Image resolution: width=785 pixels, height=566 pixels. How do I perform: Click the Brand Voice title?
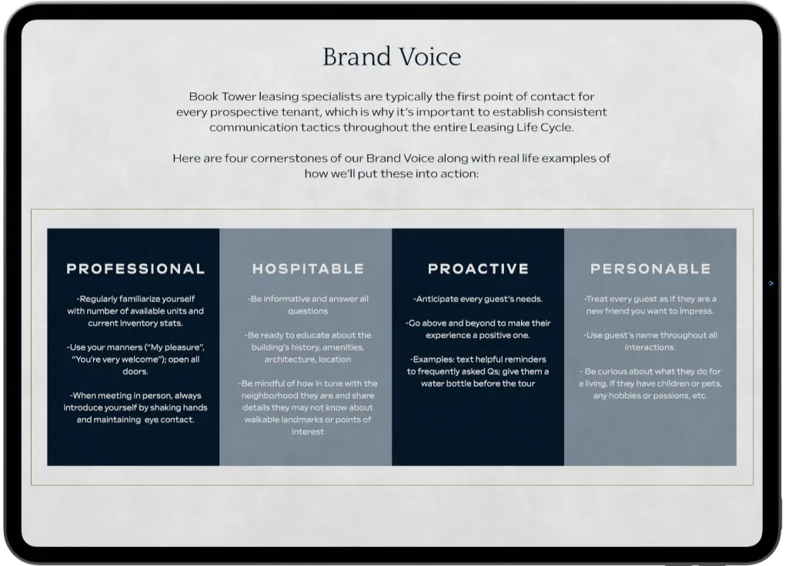(x=392, y=57)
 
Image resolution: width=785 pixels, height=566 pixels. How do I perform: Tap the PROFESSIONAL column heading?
(x=135, y=269)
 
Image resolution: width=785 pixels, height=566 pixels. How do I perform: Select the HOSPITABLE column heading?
(x=308, y=269)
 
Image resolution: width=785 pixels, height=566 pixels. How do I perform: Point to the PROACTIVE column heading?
(x=478, y=269)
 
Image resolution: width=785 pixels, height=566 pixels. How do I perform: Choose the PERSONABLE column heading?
(x=650, y=269)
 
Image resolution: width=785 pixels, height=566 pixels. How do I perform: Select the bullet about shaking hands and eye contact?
(x=135, y=407)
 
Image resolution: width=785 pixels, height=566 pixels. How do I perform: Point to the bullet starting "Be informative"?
(x=308, y=304)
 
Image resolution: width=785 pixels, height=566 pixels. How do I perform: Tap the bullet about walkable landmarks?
(x=308, y=407)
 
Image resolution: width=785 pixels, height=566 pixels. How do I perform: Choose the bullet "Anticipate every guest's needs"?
(x=478, y=299)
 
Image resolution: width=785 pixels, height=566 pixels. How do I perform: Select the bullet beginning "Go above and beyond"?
(x=478, y=329)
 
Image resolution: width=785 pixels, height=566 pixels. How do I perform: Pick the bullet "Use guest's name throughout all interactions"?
(x=650, y=341)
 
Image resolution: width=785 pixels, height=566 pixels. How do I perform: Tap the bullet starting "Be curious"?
(x=650, y=383)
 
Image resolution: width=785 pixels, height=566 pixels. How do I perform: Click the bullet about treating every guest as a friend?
(x=650, y=305)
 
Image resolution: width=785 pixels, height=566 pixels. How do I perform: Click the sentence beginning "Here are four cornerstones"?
(x=392, y=166)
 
